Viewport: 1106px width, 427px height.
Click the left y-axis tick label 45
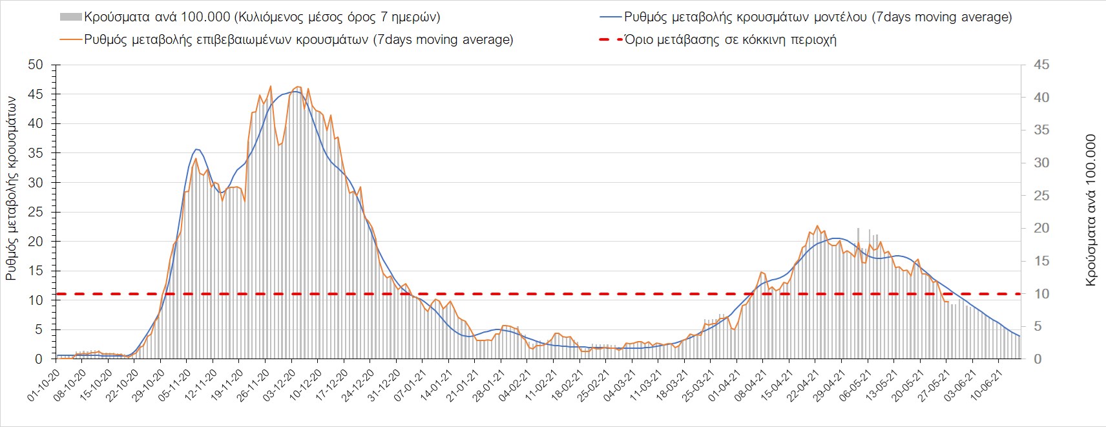(35, 94)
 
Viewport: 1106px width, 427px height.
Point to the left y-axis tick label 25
(35, 212)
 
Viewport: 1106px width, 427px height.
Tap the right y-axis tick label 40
(1041, 98)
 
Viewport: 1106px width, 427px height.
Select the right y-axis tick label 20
(1041, 228)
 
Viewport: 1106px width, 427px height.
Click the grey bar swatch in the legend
(70, 17)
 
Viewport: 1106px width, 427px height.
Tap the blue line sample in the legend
(610, 17)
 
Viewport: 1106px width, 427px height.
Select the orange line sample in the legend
(70, 39)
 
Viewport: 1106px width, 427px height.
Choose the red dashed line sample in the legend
(610, 39)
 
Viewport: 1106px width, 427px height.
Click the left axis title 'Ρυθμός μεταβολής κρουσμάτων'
(11, 188)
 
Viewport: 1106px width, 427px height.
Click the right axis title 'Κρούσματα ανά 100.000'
(1091, 210)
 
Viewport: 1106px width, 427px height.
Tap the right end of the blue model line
(1019, 336)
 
